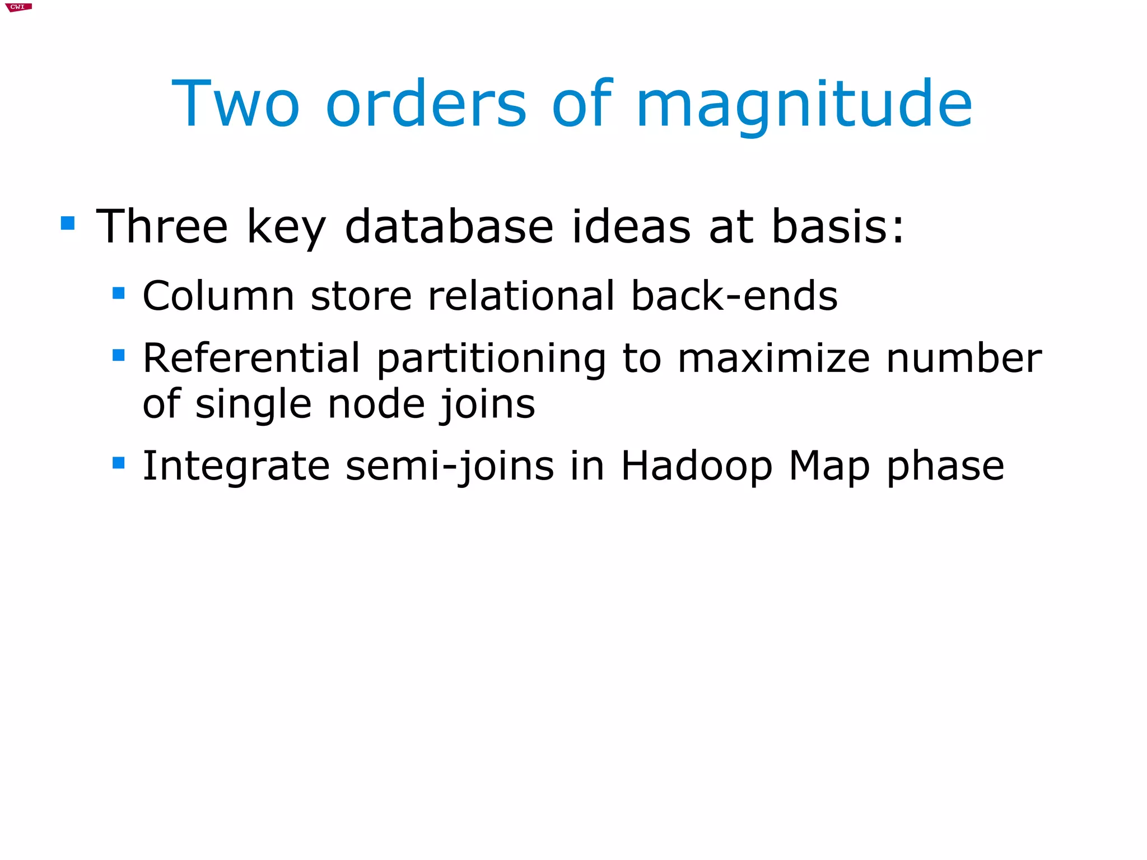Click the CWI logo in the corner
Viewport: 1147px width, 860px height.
point(18,7)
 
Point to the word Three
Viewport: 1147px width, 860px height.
point(162,226)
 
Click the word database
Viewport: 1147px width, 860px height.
point(449,226)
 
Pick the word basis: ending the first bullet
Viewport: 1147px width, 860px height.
point(838,226)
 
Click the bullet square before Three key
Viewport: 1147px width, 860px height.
point(68,224)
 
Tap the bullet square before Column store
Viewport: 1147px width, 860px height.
point(118,293)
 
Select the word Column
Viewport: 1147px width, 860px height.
point(218,296)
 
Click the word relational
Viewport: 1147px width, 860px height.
point(521,296)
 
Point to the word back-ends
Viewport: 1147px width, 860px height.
point(734,296)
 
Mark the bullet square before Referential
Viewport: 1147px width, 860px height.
point(118,355)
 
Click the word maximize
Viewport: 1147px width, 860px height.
point(774,359)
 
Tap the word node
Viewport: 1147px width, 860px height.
point(376,405)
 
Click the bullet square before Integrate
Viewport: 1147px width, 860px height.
point(118,463)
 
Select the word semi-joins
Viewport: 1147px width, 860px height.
point(450,467)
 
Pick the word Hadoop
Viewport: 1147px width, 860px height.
point(697,467)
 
